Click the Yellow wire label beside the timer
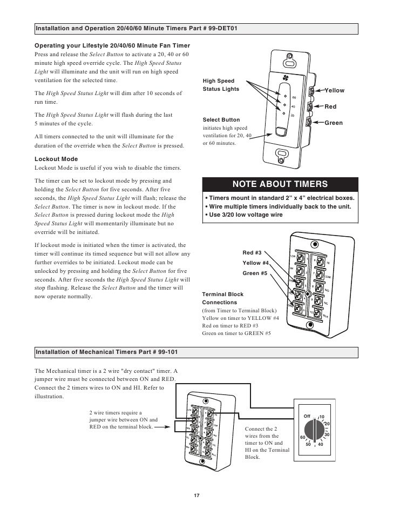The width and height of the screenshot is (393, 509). pyautogui.click(x=334, y=90)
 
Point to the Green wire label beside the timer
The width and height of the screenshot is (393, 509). pyautogui.click(x=333, y=123)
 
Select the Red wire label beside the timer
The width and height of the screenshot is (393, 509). pyautogui.click(x=330, y=107)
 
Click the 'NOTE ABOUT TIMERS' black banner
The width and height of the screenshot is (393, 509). pyautogui.click(x=280, y=184)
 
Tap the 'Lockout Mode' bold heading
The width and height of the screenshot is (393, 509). pyautogui.click(x=56, y=159)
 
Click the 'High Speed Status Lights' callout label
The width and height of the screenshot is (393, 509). pyautogui.click(x=220, y=85)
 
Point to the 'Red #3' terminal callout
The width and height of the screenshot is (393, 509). pyautogui.click(x=252, y=252)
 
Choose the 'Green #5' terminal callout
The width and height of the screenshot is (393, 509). pyautogui.click(x=254, y=273)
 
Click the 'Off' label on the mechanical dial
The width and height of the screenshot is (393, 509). pyautogui.click(x=308, y=416)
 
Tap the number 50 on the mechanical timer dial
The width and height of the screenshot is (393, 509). pyautogui.click(x=308, y=444)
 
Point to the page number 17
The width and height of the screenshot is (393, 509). pyautogui.click(x=196, y=497)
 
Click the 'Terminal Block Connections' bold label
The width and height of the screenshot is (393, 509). pyautogui.click(x=222, y=299)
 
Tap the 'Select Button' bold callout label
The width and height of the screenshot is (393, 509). pyautogui.click(x=221, y=119)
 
